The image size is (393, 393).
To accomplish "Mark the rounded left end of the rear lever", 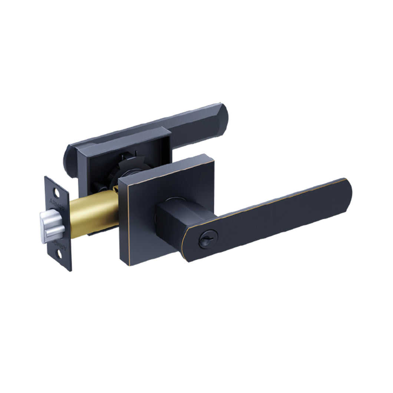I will tap(69, 156).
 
